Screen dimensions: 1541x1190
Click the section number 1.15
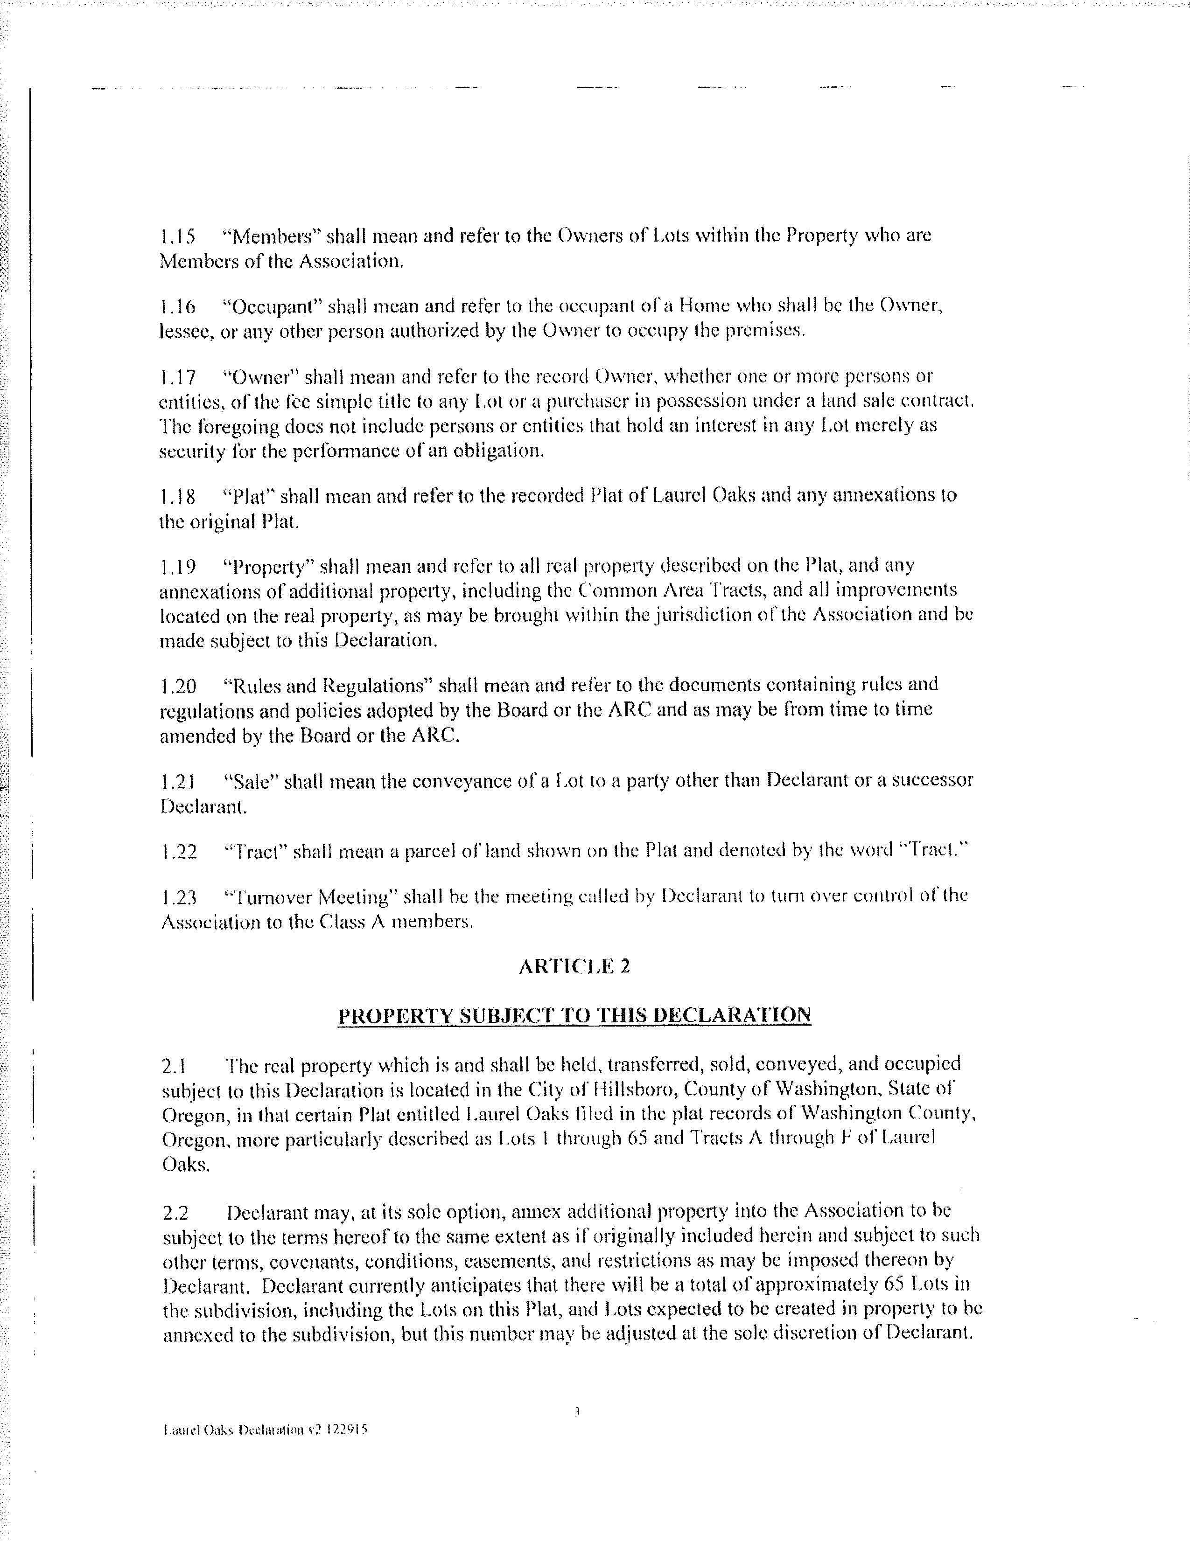click(x=177, y=236)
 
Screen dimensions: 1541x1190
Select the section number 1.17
click(x=177, y=377)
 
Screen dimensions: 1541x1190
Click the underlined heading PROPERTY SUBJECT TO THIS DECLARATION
click(x=574, y=1015)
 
